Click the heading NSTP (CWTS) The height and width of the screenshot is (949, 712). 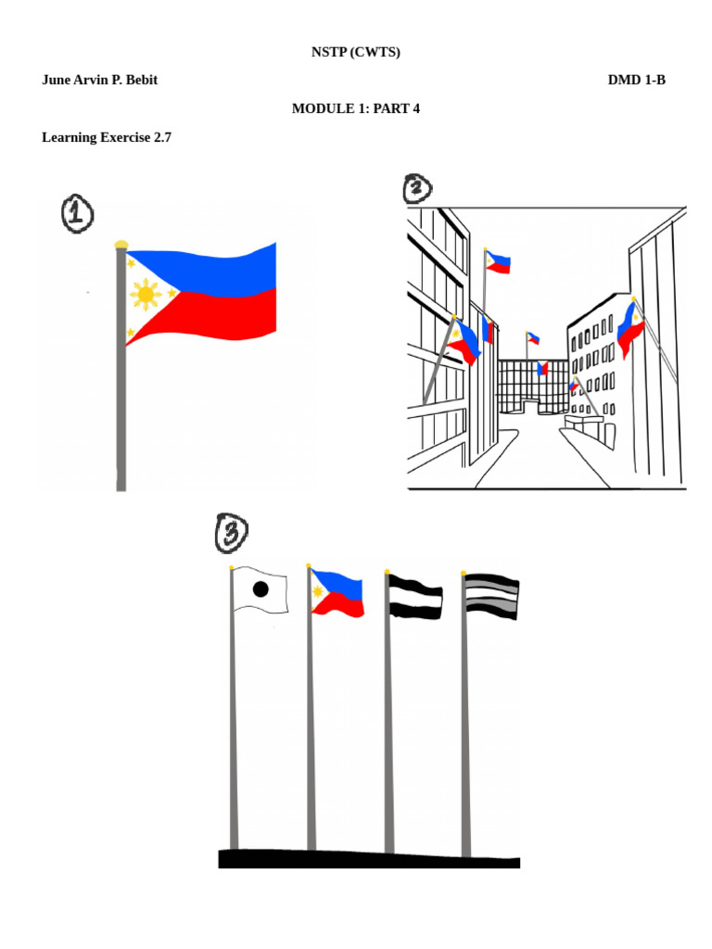355,52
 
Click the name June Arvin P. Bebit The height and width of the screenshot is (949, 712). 99,80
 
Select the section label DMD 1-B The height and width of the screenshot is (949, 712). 636,80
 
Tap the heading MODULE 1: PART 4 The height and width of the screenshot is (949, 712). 355,108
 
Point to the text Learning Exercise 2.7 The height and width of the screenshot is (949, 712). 107,137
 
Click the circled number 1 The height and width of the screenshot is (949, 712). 77,214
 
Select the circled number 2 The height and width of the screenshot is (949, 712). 418,188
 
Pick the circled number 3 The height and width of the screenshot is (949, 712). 231,533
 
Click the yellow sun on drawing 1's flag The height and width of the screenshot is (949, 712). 146,295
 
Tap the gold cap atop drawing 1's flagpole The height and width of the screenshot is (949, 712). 121,245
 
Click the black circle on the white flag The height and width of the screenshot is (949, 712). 261,588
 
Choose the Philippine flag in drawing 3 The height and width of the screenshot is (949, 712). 337,594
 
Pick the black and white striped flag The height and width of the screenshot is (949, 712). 415,597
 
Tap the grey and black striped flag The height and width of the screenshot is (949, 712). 491,596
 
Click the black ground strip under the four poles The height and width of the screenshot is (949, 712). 369,859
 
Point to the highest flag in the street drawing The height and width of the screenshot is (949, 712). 498,262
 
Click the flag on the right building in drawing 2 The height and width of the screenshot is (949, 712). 629,330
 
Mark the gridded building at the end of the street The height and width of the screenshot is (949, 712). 533,387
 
